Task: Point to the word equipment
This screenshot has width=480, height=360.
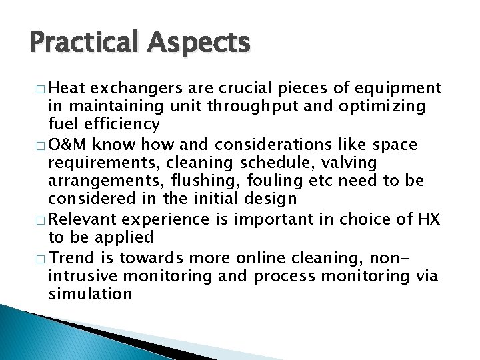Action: point(399,88)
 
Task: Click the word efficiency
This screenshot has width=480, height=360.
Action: point(124,125)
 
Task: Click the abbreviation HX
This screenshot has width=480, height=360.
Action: point(426,219)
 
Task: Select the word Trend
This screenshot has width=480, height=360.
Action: point(71,257)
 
